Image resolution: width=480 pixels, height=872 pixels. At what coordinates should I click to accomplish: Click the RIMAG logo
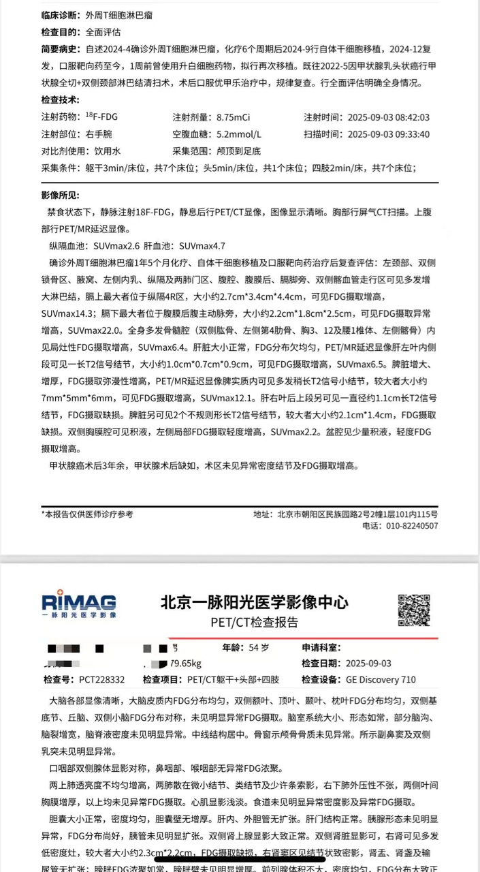(x=78, y=604)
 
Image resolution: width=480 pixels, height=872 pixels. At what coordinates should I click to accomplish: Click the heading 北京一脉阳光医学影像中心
(x=254, y=602)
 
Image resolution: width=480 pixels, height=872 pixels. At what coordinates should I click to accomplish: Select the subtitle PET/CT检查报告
(x=254, y=622)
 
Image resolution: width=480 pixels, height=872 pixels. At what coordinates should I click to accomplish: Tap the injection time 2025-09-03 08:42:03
(x=388, y=117)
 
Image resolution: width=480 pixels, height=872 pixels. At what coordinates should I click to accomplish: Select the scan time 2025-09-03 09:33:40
(x=388, y=134)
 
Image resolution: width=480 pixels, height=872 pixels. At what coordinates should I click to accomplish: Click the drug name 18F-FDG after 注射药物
(x=101, y=117)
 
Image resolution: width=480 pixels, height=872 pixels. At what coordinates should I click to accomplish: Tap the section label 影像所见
(x=60, y=196)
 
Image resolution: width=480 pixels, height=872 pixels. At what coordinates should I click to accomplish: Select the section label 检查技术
(x=60, y=100)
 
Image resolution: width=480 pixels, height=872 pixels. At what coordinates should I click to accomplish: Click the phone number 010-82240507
(x=410, y=526)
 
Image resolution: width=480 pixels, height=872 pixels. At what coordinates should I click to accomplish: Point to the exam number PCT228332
(x=102, y=679)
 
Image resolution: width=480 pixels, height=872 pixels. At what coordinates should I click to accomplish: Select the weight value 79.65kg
(x=185, y=664)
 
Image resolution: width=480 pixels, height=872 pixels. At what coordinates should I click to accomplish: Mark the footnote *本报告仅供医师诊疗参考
(x=87, y=514)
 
